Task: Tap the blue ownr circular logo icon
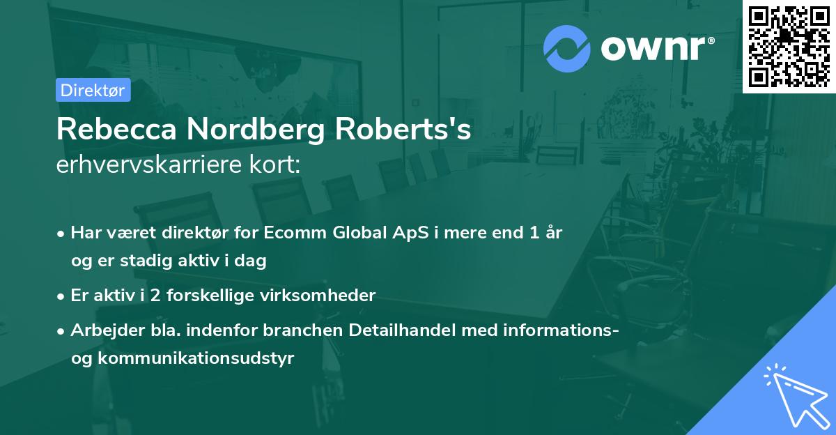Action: tap(567, 49)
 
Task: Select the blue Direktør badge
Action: tap(93, 90)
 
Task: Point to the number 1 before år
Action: tap(534, 233)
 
